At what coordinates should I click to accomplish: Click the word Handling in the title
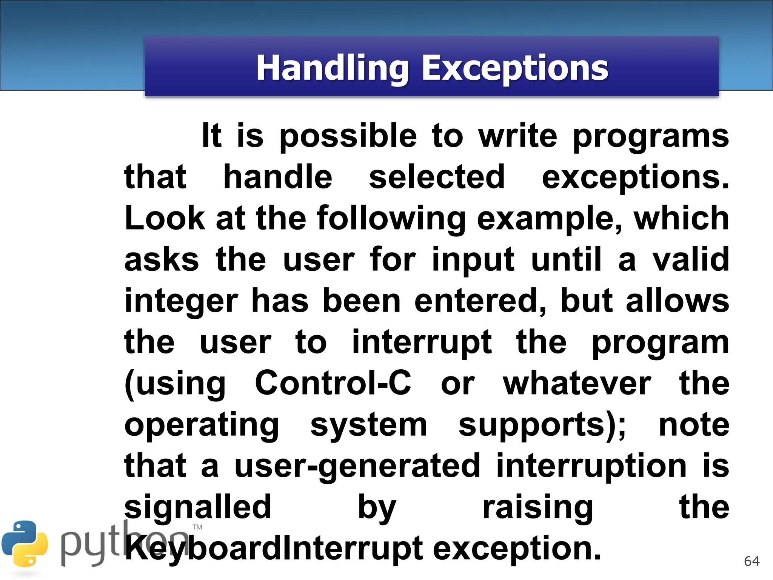(332, 68)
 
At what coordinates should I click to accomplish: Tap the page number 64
(751, 561)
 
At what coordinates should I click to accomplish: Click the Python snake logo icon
(25, 544)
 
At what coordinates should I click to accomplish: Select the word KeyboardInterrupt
(273, 549)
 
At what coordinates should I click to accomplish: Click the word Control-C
(333, 383)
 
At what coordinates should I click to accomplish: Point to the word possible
(348, 137)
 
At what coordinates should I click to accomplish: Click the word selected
(436, 177)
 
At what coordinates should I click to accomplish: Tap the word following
(391, 219)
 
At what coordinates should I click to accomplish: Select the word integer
(181, 301)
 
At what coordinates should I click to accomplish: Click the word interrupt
(422, 342)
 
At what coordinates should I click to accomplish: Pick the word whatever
(577, 384)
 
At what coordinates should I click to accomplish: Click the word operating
(202, 425)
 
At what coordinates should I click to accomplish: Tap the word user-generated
(357, 466)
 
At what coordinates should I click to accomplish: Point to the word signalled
(198, 507)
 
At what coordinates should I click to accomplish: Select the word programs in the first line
(650, 137)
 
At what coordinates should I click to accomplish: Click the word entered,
(480, 301)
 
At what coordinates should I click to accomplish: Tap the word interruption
(591, 466)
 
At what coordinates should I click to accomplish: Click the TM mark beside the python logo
(197, 527)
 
